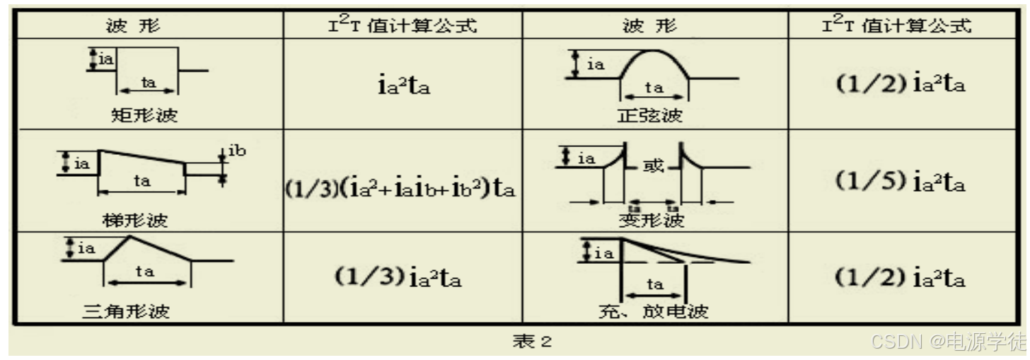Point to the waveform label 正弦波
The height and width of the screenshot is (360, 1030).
tap(649, 115)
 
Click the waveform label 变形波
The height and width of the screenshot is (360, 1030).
tap(652, 221)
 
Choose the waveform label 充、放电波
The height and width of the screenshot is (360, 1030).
tap(653, 310)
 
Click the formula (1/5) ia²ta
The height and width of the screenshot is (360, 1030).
tap(900, 182)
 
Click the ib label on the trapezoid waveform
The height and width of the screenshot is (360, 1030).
tap(237, 151)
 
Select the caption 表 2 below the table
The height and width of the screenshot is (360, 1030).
tap(531, 342)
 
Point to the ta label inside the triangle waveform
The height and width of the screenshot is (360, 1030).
tap(145, 272)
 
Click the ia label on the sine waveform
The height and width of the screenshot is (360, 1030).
tap(596, 64)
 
